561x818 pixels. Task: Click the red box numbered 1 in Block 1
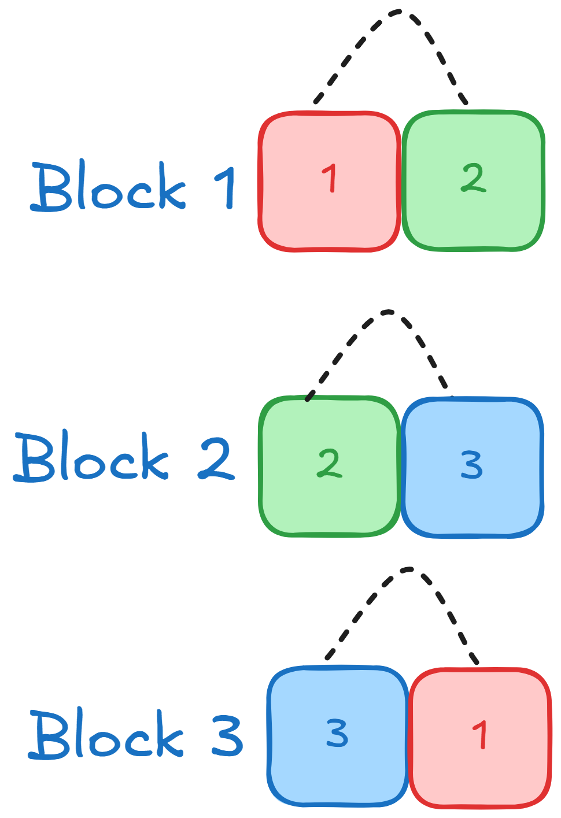329,208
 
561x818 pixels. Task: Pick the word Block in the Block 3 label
106,734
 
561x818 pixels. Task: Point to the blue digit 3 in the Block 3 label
227,735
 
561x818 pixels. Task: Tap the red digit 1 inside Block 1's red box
329,178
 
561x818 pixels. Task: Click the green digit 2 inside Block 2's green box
329,463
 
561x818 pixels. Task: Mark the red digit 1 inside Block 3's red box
481,735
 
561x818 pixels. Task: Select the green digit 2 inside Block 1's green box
473,177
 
